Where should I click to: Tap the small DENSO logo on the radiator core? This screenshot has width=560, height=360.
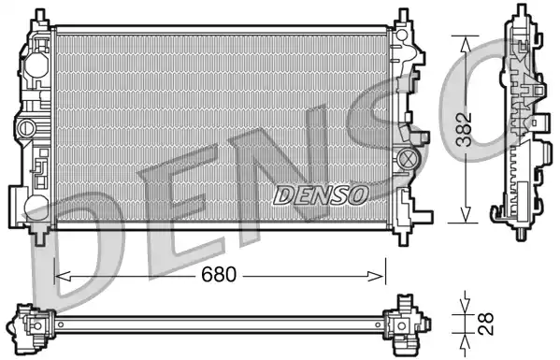tap(322, 194)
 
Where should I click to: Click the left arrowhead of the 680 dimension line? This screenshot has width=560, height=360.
tap(60, 276)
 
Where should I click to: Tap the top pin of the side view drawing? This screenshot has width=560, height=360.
tap(519, 16)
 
